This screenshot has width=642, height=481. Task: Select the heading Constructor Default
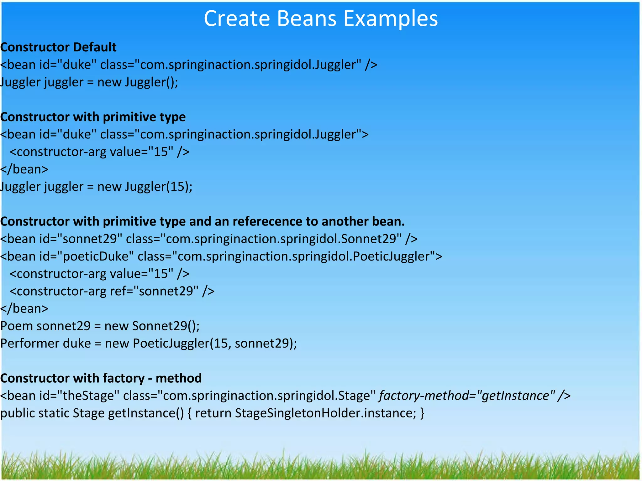59,47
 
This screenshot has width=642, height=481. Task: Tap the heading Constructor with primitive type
93,117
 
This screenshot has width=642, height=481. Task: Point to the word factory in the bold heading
124,378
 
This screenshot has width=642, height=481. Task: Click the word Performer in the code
30,344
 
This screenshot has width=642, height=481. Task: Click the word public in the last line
17,413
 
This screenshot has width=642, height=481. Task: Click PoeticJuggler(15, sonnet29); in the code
215,344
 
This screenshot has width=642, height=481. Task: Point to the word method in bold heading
178,378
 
